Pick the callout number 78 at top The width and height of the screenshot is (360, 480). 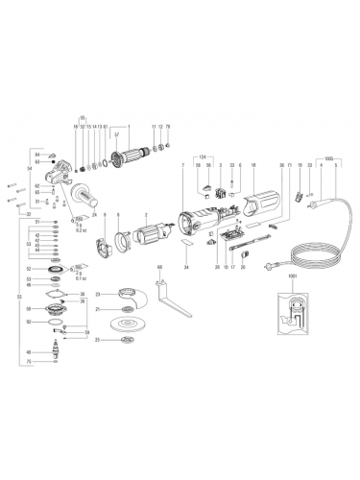(169, 127)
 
